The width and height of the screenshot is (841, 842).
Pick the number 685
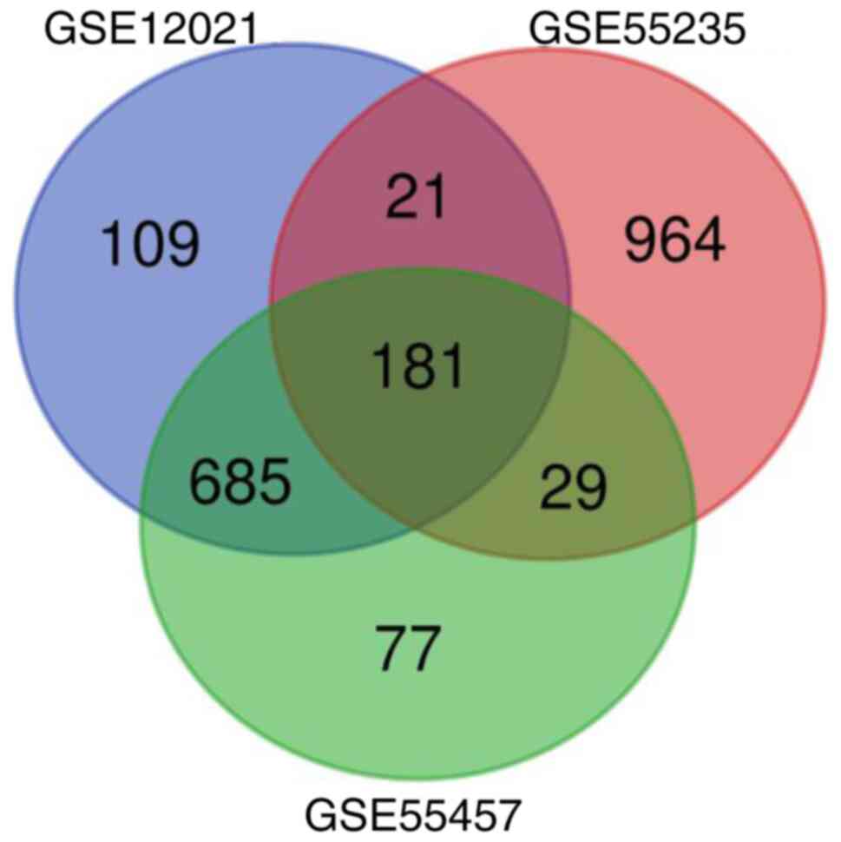coord(240,485)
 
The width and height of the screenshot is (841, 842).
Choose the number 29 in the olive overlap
coord(573,490)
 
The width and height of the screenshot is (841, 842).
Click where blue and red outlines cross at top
coord(421,75)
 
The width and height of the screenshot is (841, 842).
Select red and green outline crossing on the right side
coord(693,518)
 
